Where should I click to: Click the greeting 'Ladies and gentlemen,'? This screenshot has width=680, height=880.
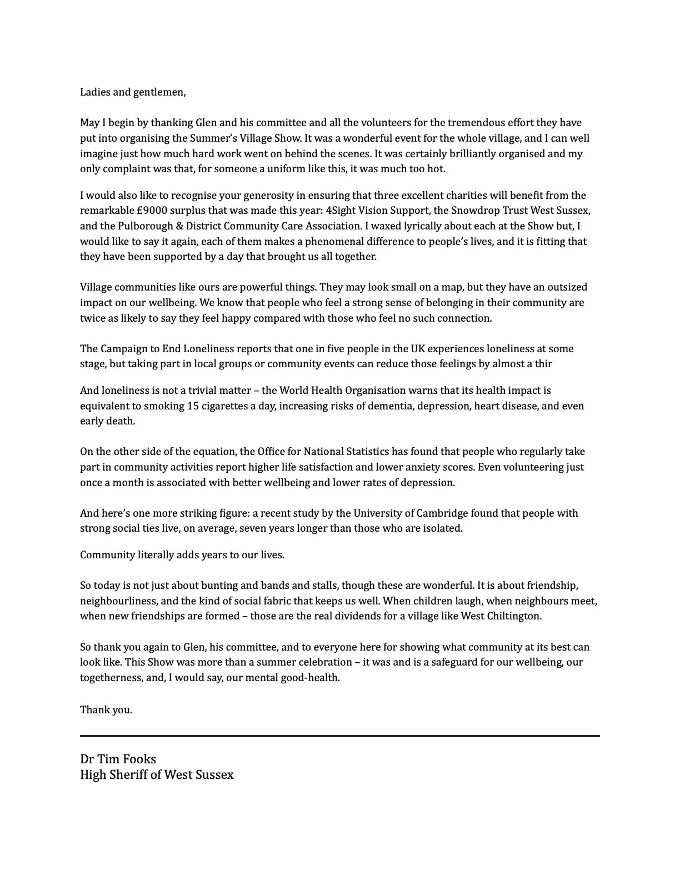(133, 92)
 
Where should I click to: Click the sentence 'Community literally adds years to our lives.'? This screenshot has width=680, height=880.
(182, 555)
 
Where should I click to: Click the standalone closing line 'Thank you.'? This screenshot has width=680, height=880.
(106, 710)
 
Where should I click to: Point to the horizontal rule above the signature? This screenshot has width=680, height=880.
(339, 736)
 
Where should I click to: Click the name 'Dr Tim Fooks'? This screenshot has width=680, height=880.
(118, 759)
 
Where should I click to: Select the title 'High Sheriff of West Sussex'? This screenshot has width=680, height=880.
(157, 774)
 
